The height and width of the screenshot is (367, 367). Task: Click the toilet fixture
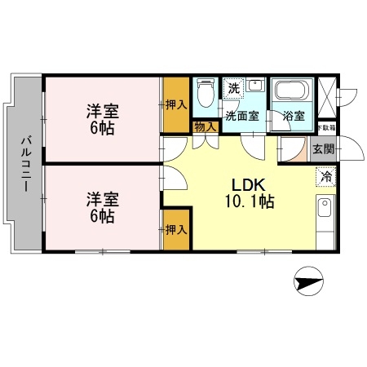205,96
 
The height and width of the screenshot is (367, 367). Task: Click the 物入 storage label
206,126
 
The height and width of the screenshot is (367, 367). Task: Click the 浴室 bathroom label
293,115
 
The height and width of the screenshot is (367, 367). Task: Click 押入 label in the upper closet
176,104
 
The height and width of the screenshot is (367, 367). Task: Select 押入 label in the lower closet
176,229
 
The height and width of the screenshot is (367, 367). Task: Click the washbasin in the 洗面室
254,86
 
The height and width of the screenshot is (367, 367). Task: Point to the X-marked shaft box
327,96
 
